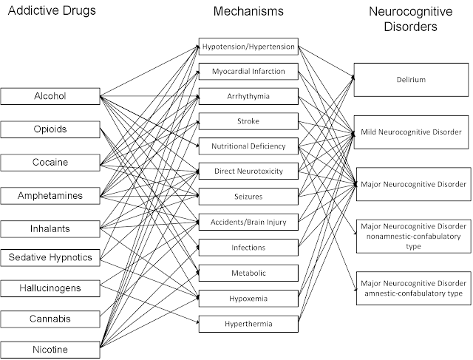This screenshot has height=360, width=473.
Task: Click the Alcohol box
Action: (50, 96)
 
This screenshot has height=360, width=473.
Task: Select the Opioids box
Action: (50, 129)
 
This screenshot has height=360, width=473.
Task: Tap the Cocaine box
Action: (50, 163)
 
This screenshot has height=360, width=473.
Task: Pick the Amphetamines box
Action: (50, 196)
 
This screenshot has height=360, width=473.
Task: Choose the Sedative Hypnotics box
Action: (50, 258)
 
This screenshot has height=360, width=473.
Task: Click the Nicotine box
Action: (50, 350)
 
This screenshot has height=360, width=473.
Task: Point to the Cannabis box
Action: (50, 319)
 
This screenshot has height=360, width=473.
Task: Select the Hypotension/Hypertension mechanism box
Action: (248, 47)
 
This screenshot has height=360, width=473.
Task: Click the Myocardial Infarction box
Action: (248, 72)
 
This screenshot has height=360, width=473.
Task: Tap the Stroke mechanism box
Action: (248, 121)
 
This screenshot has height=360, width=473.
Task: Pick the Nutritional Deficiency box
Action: (248, 146)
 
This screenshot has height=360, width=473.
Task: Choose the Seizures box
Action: (248, 197)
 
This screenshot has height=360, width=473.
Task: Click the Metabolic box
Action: (248, 273)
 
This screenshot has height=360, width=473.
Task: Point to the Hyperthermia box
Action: (248, 324)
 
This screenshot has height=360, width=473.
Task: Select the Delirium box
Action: (411, 80)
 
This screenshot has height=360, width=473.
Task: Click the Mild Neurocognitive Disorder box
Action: (411, 132)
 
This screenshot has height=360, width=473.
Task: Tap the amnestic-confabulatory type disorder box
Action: (414, 288)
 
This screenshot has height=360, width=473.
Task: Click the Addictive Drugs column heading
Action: (52, 10)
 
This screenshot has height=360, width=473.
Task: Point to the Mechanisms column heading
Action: (248, 12)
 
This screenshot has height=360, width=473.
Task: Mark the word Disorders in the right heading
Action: (411, 27)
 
